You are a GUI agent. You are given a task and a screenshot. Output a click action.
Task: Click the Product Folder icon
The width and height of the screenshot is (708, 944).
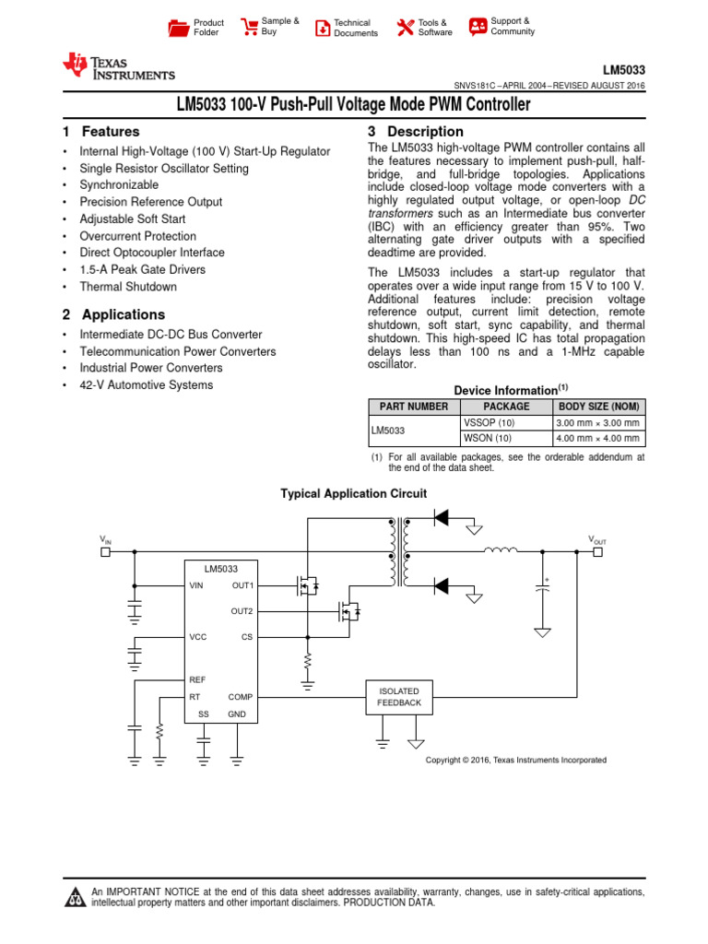(x=178, y=28)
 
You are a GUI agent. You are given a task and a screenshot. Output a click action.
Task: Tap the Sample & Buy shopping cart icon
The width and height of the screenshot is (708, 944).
(x=249, y=27)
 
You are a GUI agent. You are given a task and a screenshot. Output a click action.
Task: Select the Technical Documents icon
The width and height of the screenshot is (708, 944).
(x=322, y=28)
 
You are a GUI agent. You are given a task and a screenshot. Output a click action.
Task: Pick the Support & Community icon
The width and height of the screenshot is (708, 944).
(x=478, y=27)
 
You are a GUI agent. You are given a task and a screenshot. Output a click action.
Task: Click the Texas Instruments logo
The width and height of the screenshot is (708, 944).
(x=118, y=67)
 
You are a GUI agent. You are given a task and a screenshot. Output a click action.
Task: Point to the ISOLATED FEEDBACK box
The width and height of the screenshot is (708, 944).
(x=398, y=697)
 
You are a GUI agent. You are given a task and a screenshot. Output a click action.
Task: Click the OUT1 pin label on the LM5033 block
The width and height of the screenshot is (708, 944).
(x=242, y=585)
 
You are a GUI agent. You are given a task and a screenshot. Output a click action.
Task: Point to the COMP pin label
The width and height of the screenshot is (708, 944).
(x=241, y=697)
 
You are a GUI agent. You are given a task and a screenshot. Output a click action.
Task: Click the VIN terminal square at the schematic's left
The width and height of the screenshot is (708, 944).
(x=105, y=552)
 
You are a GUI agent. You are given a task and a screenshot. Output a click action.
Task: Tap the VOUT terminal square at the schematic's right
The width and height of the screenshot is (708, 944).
(x=597, y=552)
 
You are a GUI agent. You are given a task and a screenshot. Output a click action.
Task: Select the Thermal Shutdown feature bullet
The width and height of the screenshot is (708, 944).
(x=128, y=287)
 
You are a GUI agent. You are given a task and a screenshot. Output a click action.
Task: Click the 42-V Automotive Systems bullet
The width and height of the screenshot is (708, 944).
(x=146, y=385)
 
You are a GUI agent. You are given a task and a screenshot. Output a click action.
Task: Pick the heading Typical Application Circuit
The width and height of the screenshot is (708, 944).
(x=353, y=494)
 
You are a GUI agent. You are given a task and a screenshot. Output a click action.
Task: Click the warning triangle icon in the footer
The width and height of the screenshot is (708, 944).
(x=75, y=898)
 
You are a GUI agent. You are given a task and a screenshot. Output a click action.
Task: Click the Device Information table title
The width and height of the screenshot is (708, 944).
(x=506, y=390)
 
